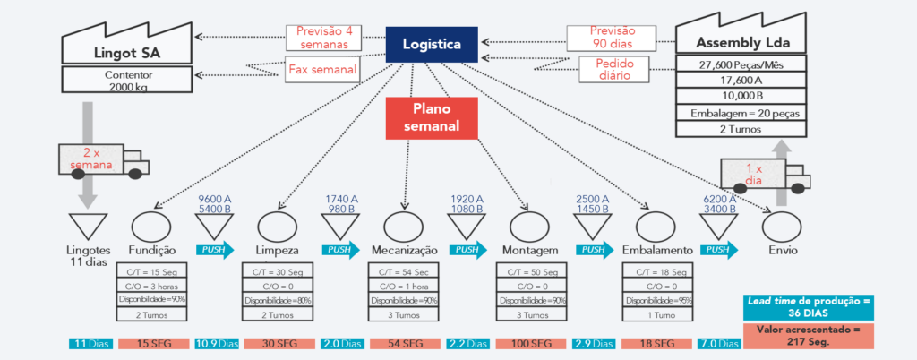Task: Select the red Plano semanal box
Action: pyautogui.click(x=432, y=117)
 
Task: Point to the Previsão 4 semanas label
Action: pyautogui.click(x=323, y=38)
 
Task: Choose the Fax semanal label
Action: pyautogui.click(x=323, y=69)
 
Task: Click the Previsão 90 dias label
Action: pyautogui.click(x=612, y=38)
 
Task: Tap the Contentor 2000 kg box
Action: pyautogui.click(x=126, y=80)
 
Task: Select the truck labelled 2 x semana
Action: pyautogui.click(x=102, y=159)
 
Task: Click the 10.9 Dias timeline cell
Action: pyautogui.click(x=215, y=344)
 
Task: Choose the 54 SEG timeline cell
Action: pyautogui.click(x=405, y=344)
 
